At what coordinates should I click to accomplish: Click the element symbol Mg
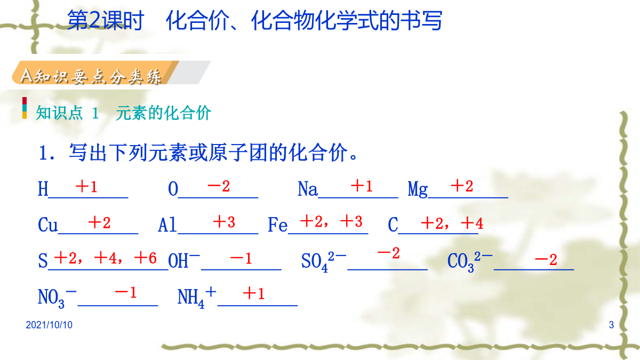418,189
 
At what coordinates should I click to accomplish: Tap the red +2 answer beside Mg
462,186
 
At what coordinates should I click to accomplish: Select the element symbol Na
307,189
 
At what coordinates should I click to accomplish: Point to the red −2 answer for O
219,187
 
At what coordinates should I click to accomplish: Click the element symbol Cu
48,225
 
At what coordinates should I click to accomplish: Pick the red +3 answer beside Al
224,222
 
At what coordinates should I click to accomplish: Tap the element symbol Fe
277,225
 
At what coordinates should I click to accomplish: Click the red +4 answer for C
472,223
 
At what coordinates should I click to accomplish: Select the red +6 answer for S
146,258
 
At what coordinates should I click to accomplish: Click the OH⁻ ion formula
183,260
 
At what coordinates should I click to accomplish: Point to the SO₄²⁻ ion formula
324,262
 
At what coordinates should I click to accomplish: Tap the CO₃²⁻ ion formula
470,262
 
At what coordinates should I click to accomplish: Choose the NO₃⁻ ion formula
57,298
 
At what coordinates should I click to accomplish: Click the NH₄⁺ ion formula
197,298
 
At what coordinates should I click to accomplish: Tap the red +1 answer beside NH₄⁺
253,293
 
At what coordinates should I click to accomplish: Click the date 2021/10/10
49,325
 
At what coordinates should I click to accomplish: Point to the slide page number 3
611,325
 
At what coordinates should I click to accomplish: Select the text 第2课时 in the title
105,20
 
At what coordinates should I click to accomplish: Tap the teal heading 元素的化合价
163,113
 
